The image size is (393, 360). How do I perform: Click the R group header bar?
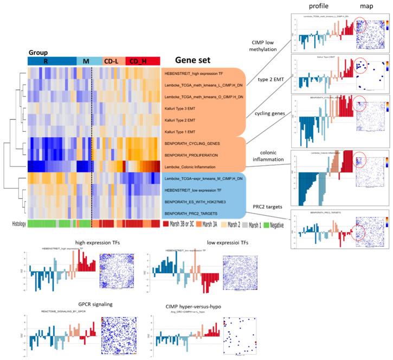51,61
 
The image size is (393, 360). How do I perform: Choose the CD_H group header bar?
143,61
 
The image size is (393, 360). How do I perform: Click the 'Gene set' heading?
194,61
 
